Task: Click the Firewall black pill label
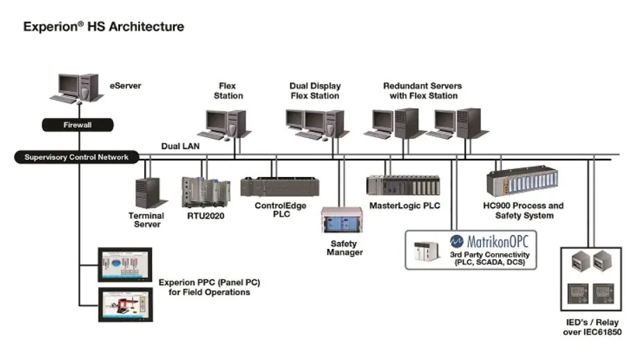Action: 77,126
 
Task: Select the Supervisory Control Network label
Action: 76,157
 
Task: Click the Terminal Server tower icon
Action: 148,193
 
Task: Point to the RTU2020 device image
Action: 205,193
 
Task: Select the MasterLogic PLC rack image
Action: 403,185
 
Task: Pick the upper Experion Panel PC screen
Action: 126,264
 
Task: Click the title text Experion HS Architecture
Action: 104,27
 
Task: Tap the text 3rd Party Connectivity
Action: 490,255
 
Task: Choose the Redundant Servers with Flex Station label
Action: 423,91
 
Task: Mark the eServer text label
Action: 125,86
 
